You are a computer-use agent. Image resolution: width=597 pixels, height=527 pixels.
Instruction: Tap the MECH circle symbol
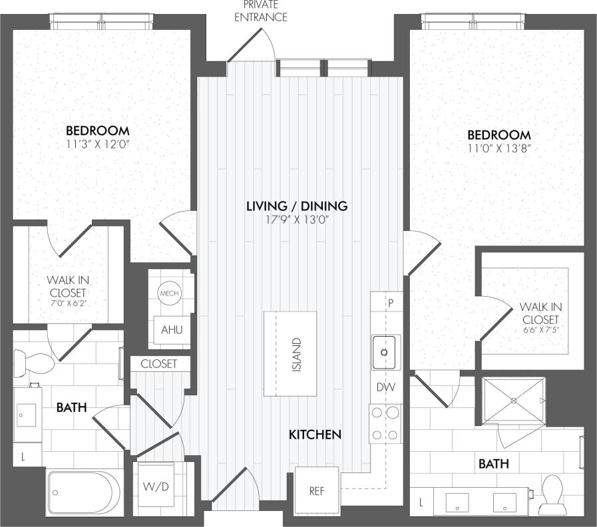(166, 293)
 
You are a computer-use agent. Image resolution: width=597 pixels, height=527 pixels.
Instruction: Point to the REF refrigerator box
(317, 491)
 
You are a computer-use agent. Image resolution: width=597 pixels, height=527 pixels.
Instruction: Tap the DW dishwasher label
(385, 387)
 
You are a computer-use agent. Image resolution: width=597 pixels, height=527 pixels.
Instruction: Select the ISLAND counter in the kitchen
(290, 353)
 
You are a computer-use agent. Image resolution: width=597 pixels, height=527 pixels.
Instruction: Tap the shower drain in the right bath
(513, 401)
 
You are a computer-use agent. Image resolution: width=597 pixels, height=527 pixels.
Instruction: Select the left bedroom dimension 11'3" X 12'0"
(97, 144)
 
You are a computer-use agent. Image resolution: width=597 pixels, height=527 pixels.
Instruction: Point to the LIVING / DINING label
(297, 206)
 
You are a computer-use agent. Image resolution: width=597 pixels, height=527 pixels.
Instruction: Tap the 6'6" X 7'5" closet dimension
(541, 328)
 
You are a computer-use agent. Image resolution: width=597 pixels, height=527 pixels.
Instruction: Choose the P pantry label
(391, 302)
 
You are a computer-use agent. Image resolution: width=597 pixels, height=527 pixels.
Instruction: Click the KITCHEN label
(315, 435)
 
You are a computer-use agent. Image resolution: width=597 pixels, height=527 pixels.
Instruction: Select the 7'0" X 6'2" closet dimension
(68, 303)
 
